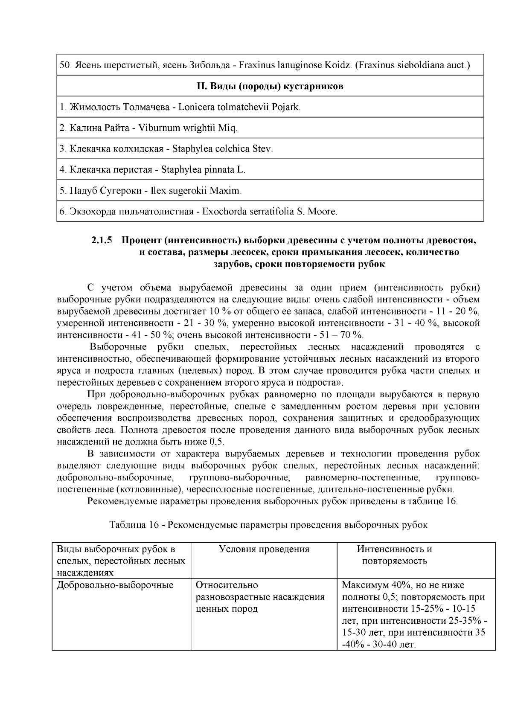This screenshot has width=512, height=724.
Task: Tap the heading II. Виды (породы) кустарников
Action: pos(270,86)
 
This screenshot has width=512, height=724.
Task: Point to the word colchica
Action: pos(233,149)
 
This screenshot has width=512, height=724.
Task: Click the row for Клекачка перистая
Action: pos(152,170)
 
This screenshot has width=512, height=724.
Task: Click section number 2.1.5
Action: pos(102,240)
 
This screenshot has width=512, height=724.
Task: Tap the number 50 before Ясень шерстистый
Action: pos(64,66)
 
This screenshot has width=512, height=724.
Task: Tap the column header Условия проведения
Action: pos(264,549)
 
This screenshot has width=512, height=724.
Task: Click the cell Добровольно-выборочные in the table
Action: pos(115,585)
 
